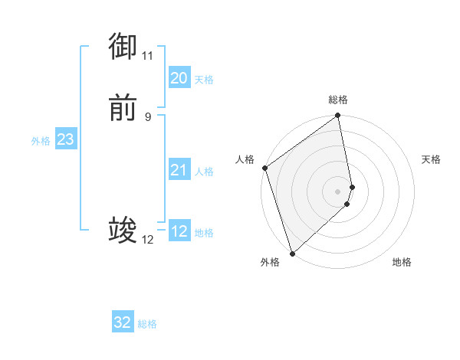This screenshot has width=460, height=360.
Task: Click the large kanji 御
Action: (123, 47)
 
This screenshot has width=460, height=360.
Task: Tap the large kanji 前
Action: (123, 109)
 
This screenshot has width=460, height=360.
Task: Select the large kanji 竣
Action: (123, 231)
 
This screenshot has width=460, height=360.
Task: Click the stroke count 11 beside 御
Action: (147, 56)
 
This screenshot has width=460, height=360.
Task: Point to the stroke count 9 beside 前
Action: (147, 117)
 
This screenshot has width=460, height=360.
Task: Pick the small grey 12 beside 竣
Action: (147, 240)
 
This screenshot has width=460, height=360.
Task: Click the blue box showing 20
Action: (179, 78)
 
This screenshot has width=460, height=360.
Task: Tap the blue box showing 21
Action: (179, 170)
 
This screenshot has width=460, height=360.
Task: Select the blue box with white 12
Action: (179, 231)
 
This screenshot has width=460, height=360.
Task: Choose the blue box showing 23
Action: (65, 139)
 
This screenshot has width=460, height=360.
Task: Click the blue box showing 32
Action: (123, 322)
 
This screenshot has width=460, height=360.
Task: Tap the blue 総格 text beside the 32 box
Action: (147, 324)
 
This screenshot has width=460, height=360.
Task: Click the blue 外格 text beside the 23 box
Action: (41, 141)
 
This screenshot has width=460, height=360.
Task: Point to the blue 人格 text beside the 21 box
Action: (204, 172)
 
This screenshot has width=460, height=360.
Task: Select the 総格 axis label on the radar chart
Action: (338, 100)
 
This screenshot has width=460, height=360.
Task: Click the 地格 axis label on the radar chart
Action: (402, 263)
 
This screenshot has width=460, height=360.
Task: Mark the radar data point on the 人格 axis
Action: (264, 168)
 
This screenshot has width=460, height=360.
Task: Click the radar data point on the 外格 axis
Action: (291, 254)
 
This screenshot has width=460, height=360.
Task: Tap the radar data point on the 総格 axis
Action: (338, 116)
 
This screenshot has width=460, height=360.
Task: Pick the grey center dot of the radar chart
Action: (338, 191)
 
